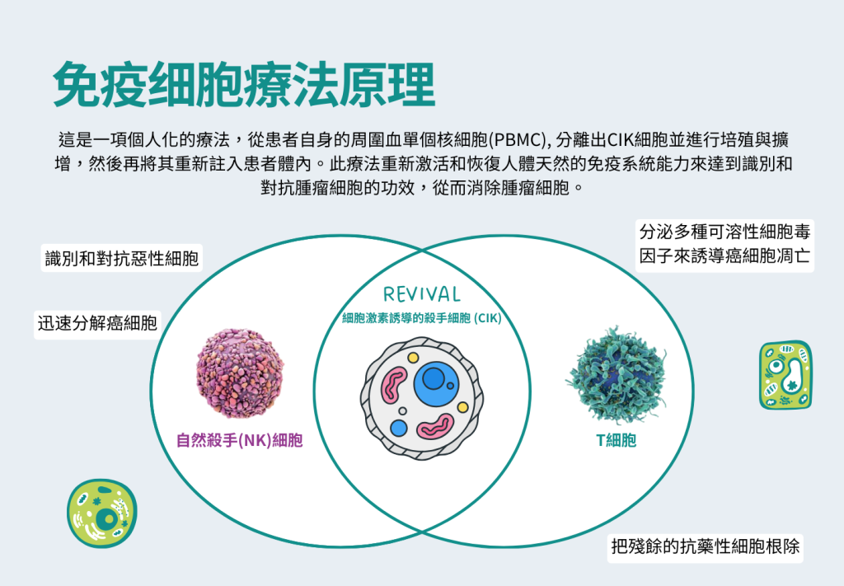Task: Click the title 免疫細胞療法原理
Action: pyautogui.click(x=244, y=85)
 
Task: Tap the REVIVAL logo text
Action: pyautogui.click(x=421, y=293)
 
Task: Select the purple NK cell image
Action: pyautogui.click(x=240, y=373)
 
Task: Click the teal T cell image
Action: pyautogui.click(x=617, y=373)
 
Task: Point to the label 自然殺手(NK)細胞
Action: pyautogui.click(x=240, y=440)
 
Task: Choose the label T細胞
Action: pyautogui.click(x=617, y=440)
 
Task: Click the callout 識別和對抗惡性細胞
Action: pyautogui.click(x=122, y=258)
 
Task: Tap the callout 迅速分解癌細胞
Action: pyautogui.click(x=97, y=323)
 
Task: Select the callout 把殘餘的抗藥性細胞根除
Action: pyautogui.click(x=706, y=546)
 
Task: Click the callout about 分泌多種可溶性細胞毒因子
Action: pyautogui.click(x=724, y=244)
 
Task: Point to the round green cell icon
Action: pyautogui.click(x=102, y=514)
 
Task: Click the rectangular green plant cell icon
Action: pyautogui.click(x=785, y=375)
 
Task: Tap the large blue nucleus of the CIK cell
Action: pyautogui.click(x=437, y=384)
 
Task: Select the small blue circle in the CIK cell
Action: pyautogui.click(x=399, y=429)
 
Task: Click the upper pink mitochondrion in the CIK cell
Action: pyautogui.click(x=393, y=385)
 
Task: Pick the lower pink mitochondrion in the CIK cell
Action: pyautogui.click(x=436, y=427)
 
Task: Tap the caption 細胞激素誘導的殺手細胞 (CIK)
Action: pyautogui.click(x=421, y=318)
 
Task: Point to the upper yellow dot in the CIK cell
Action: pyautogui.click(x=413, y=358)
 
